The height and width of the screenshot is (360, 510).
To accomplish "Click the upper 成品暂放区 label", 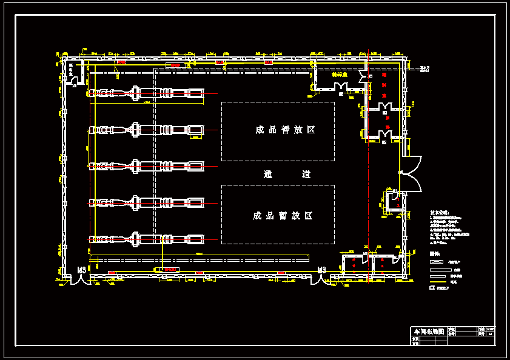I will (277, 130).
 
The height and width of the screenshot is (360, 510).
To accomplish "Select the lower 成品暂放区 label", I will (277, 216).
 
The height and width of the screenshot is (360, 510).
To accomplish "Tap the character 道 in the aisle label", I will (306, 174).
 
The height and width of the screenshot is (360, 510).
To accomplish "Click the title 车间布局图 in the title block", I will (429, 332).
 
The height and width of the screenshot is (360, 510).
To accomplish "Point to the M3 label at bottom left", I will (81, 270).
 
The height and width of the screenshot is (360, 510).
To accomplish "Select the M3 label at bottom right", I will (322, 270).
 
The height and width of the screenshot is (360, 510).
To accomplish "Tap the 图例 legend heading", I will (434, 254).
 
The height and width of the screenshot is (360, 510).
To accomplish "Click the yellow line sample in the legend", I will (441, 282).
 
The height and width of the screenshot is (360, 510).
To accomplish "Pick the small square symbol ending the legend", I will (432, 288).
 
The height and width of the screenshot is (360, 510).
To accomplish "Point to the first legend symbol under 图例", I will (441, 261).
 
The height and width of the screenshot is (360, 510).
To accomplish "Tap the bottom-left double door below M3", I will (79, 280).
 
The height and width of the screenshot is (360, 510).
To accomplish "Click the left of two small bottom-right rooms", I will (353, 264).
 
